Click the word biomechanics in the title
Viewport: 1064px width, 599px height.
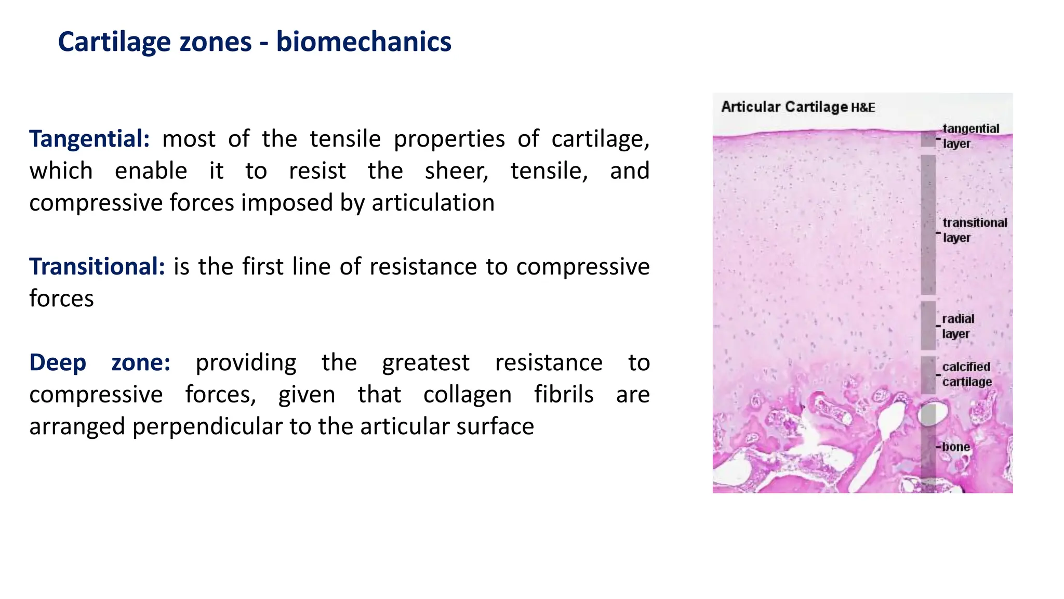[x=363, y=42]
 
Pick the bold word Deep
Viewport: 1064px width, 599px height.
[x=58, y=362]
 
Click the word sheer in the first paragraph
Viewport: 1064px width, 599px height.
[x=457, y=171]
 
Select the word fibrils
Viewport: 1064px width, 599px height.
[x=564, y=395]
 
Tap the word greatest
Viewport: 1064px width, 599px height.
[x=425, y=362]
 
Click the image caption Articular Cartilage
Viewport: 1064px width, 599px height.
[x=784, y=107]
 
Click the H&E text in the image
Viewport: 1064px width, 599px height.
[x=863, y=108]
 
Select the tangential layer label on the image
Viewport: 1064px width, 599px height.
[x=970, y=136]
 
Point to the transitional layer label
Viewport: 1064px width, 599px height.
[x=974, y=230]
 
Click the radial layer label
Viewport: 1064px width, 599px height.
[x=957, y=326]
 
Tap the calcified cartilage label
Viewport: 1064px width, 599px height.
[x=966, y=374]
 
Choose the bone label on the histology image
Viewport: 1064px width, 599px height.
[x=955, y=447]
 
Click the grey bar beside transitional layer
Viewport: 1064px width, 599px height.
[x=928, y=225]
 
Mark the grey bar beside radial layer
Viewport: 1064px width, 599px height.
[x=928, y=325]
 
